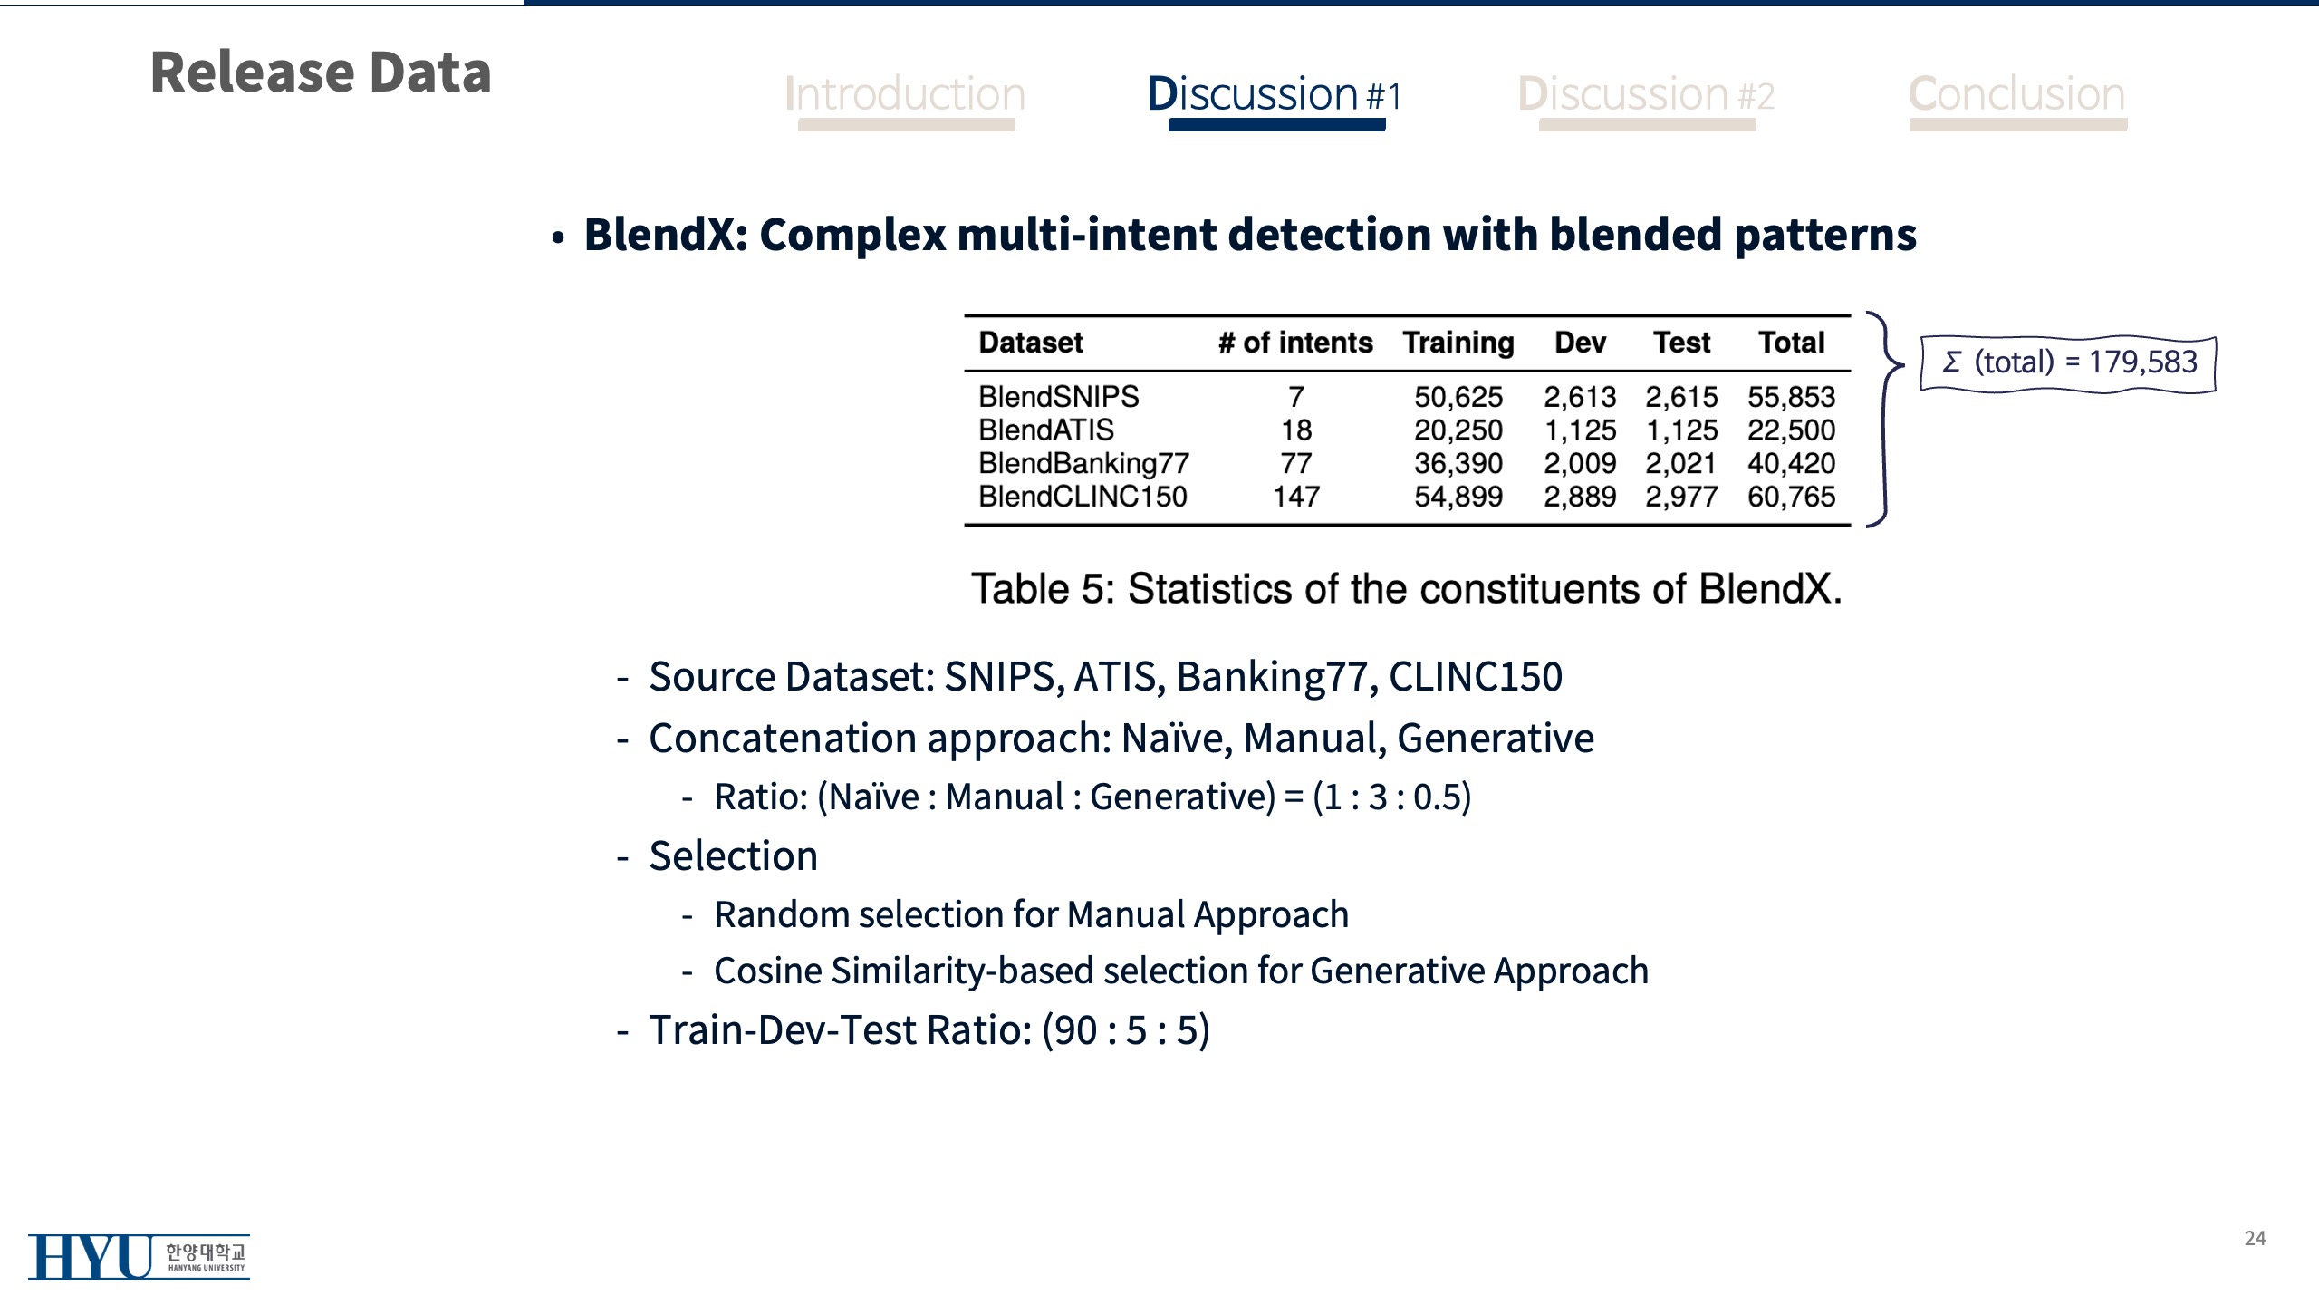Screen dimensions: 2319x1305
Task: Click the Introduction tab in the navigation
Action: [905, 94]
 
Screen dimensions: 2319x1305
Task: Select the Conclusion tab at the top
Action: [2016, 94]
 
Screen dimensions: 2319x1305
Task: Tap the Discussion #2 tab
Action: [1646, 94]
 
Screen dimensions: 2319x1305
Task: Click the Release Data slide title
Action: [321, 72]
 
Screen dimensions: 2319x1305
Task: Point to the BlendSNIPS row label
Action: [1058, 397]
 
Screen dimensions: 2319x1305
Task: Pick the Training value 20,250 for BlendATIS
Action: [1458, 430]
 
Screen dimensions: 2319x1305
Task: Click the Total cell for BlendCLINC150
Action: [1791, 497]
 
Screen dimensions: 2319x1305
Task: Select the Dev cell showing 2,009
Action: [1580, 464]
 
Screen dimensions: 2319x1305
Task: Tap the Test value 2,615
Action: [1681, 397]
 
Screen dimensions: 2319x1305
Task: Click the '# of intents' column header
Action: [1295, 343]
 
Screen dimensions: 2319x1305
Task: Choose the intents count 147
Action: [1296, 497]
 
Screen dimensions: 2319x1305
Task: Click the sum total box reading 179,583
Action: [2068, 363]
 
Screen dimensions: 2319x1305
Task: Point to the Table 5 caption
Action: [1407, 589]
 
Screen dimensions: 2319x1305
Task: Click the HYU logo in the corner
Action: [139, 1256]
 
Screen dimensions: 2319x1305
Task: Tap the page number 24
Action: [2256, 1239]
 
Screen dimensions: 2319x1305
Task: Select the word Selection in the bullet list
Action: [734, 856]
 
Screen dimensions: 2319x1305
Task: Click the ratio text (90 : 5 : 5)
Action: [1126, 1030]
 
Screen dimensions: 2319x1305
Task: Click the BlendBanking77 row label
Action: [1083, 464]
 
